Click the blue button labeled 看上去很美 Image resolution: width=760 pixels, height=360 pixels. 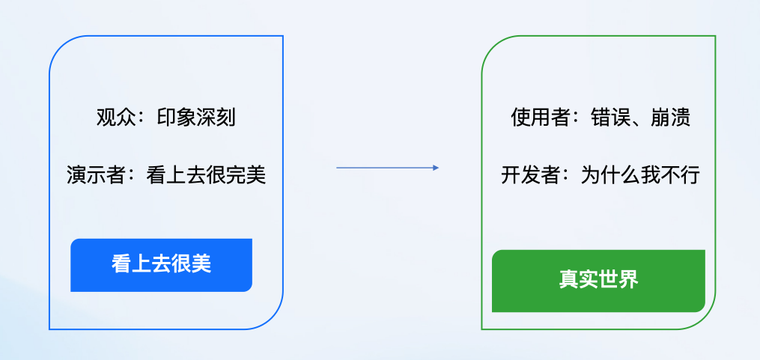click(x=161, y=265)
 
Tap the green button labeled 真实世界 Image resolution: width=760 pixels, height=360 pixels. click(x=598, y=280)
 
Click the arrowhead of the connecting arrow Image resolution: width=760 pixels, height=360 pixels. click(x=435, y=168)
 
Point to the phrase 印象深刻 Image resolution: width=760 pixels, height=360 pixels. click(x=196, y=118)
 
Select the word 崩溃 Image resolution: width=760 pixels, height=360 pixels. click(x=671, y=118)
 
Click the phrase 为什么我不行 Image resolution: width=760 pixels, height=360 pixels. click(x=640, y=176)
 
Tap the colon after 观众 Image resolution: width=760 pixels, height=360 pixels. click(x=143, y=119)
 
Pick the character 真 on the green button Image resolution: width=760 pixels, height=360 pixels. click(x=568, y=280)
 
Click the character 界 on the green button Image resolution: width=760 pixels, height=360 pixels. click(x=629, y=280)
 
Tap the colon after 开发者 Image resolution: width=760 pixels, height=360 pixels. click(x=567, y=177)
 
